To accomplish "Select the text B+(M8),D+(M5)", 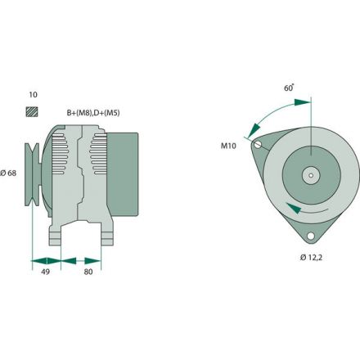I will [x=95, y=114].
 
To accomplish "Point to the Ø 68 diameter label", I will [x=10, y=173].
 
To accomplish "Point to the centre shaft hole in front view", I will [x=311, y=173].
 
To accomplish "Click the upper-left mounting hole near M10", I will [x=258, y=146].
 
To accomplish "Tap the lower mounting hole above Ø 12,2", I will [x=312, y=237].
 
